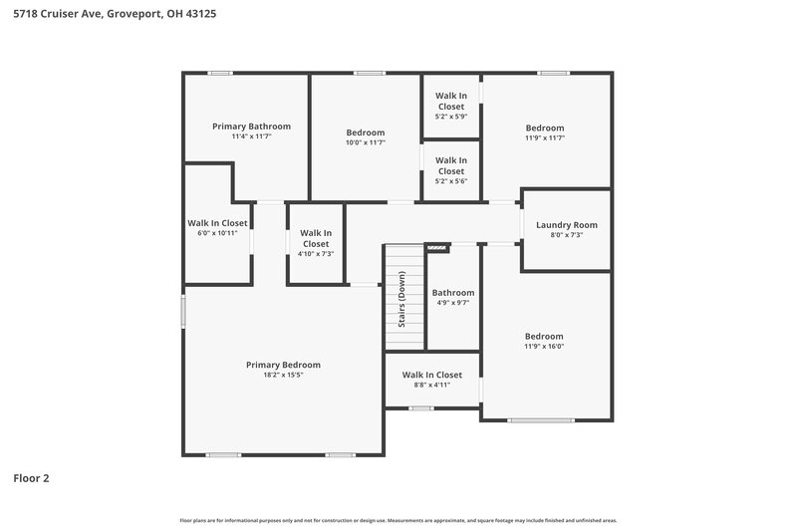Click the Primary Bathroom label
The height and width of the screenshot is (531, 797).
tap(251, 127)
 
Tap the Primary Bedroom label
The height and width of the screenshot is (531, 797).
tap(283, 365)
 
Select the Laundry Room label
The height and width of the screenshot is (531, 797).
tap(566, 225)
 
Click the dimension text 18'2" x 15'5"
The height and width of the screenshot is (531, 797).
tap(283, 376)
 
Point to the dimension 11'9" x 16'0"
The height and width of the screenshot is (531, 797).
tap(544, 347)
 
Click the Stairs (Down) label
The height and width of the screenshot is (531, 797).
tap(401, 300)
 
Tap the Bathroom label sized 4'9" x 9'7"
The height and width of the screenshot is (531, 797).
tap(452, 293)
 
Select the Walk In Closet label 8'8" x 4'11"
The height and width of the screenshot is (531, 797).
tap(431, 375)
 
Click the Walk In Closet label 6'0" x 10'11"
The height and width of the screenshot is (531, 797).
tap(217, 223)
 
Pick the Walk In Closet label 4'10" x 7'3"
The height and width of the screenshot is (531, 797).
tap(316, 238)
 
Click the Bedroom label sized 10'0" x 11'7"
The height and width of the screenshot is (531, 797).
tap(365, 133)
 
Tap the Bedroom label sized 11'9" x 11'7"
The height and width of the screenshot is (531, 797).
tap(544, 128)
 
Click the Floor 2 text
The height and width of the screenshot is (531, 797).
tap(31, 478)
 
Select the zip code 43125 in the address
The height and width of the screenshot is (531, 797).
tap(200, 14)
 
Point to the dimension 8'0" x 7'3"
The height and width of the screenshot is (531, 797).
tap(566, 236)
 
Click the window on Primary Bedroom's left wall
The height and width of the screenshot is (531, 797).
tap(183, 311)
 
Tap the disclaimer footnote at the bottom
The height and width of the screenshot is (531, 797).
tap(398, 520)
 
